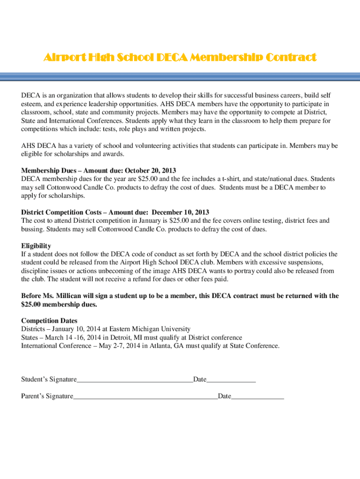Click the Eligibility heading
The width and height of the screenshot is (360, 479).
click(x=36, y=246)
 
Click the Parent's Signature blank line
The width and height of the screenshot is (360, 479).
click(x=145, y=397)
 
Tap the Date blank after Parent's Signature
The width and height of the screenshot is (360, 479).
click(x=258, y=397)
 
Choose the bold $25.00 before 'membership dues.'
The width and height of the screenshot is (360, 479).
click(x=31, y=304)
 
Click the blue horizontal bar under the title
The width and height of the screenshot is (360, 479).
click(x=180, y=76)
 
